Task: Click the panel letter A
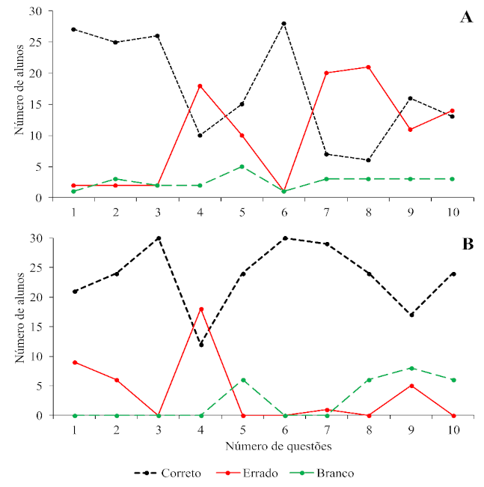465,18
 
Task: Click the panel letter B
465,245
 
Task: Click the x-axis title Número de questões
264,446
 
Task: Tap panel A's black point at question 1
74,29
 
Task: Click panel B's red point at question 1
74,362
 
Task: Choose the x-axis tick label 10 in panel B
454,429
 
